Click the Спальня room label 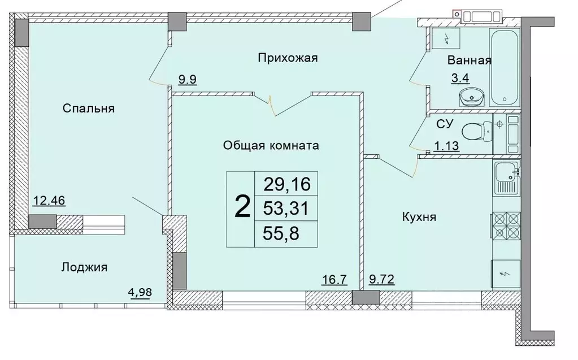[89, 109]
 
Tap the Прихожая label [288, 58]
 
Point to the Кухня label [419, 216]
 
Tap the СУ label [443, 124]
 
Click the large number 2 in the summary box [241, 208]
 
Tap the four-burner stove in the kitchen [506, 227]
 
